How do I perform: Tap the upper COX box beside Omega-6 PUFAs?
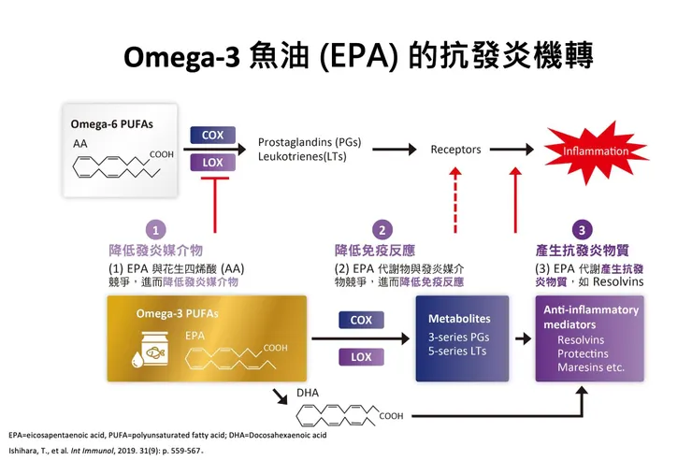click(212, 136)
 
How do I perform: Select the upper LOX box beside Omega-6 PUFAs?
click(212, 162)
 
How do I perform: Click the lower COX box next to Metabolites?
click(361, 321)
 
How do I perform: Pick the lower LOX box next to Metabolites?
click(361, 356)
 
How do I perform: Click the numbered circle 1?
click(158, 229)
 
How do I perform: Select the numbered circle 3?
click(582, 229)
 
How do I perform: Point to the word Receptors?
click(455, 150)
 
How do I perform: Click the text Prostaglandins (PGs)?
click(309, 143)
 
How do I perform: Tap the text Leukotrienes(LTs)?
click(303, 157)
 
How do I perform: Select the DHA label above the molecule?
click(308, 393)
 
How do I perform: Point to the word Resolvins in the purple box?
click(582, 339)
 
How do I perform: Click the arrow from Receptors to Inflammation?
click(512, 150)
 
